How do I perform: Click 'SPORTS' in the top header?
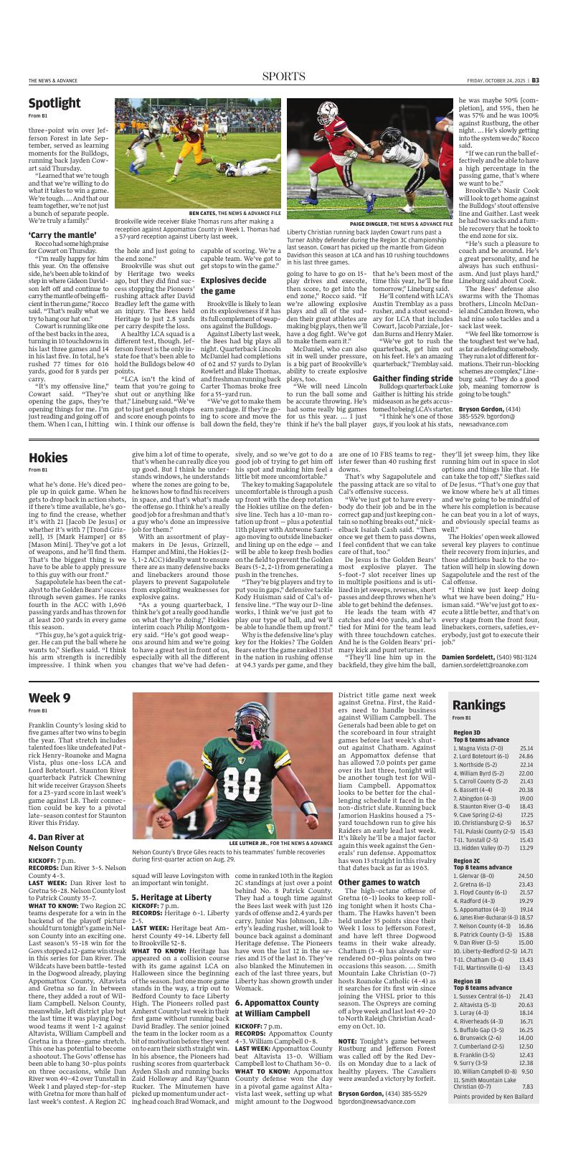pos(283,77)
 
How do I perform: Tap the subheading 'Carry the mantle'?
pos(62,235)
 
